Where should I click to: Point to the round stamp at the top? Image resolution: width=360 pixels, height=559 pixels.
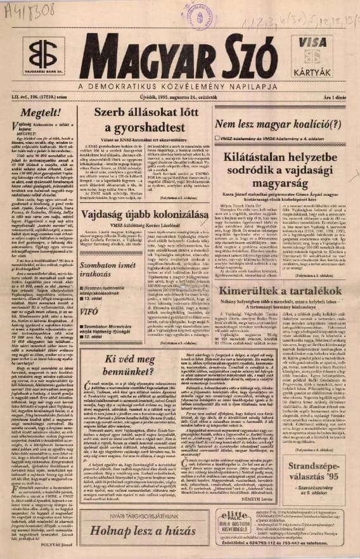pyautogui.click(x=200, y=14)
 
